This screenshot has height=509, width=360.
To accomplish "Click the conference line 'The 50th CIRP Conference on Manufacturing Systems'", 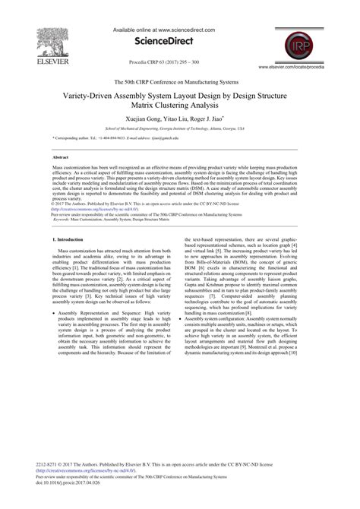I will point(180,81).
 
